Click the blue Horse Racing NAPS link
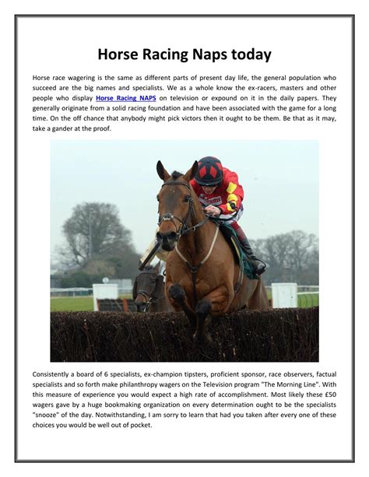(x=126, y=99)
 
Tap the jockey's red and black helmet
(x=208, y=170)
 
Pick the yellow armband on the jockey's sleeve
(x=231, y=205)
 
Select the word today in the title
(x=251, y=54)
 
